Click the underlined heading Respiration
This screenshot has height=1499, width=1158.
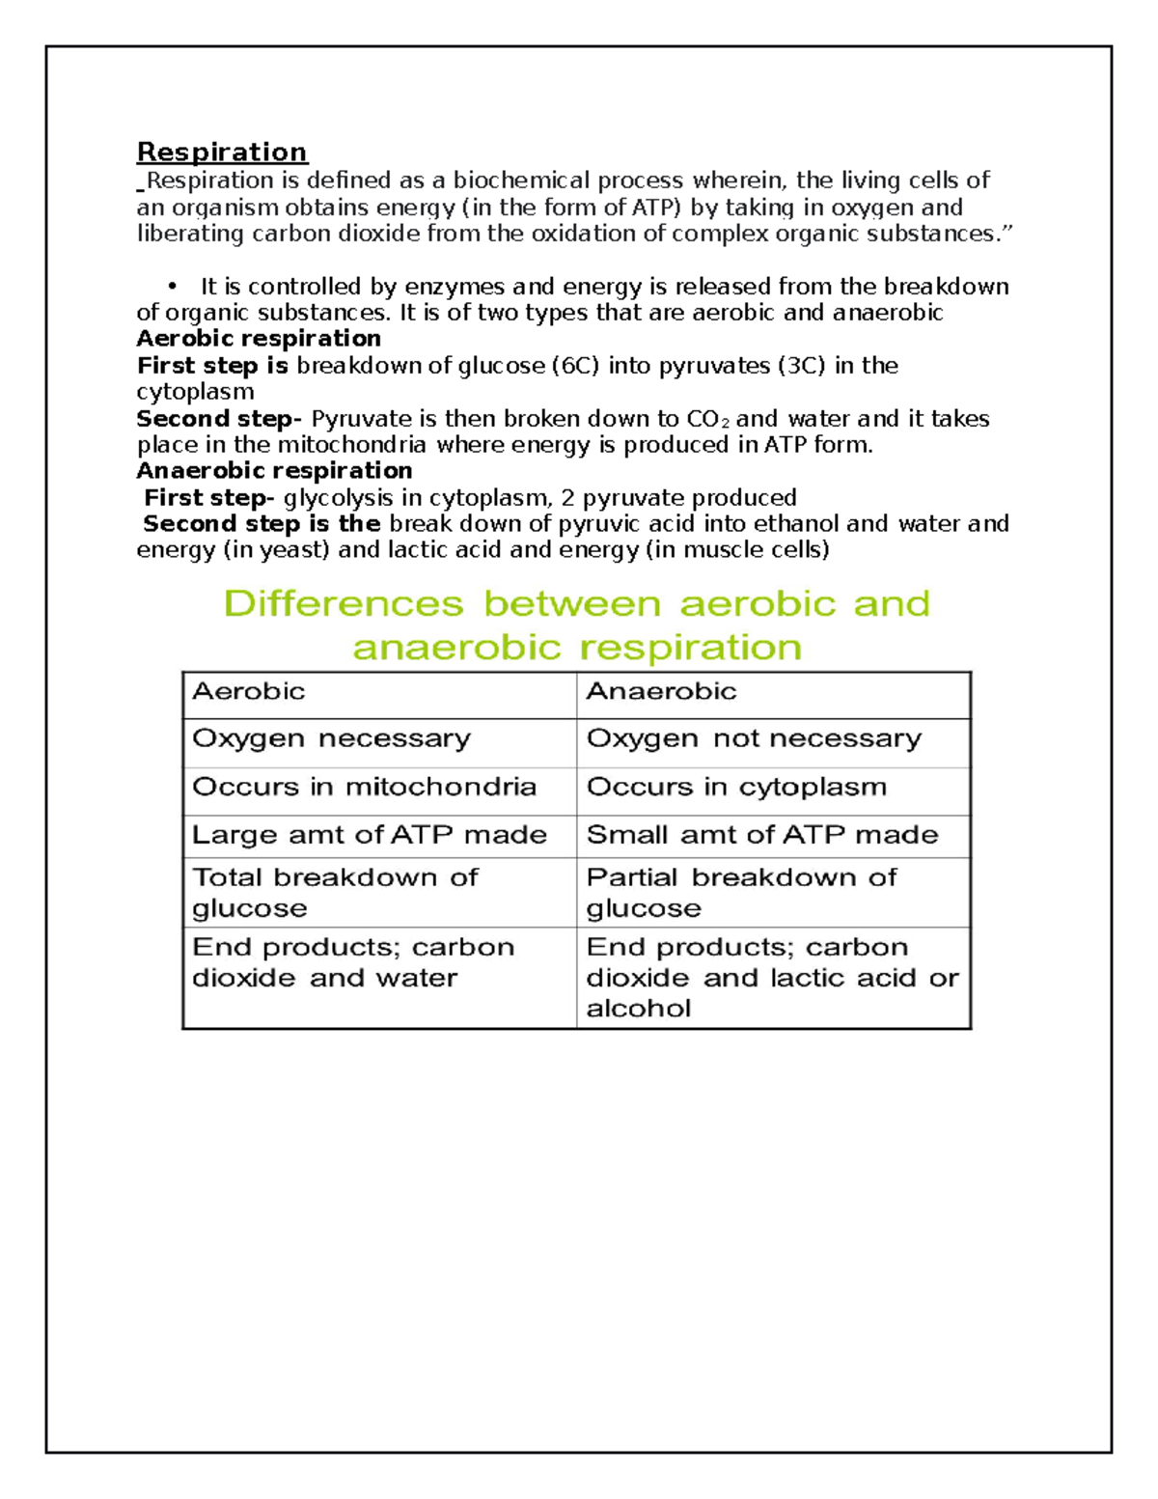pos(222,153)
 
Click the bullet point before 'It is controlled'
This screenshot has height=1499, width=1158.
pos(173,286)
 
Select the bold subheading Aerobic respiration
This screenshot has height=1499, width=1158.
pos(259,339)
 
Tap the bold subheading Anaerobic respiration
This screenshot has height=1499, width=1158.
pos(274,471)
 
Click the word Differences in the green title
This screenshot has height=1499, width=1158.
pos(344,604)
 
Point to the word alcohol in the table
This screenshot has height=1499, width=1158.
pos(638,1009)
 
